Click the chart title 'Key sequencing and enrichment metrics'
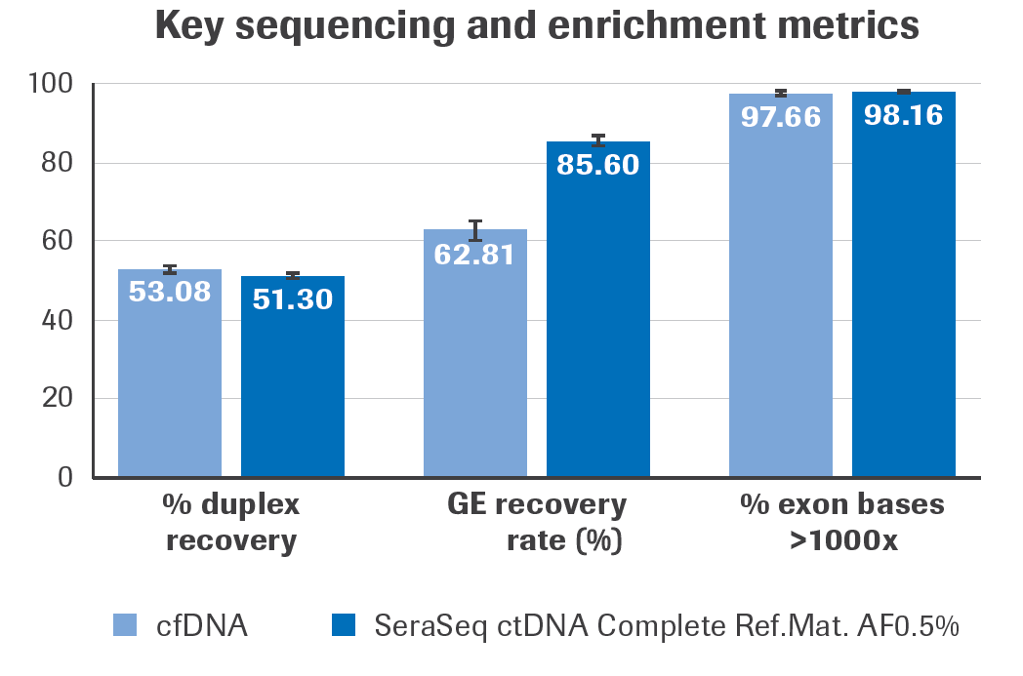click(537, 26)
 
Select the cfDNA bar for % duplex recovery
click(170, 380)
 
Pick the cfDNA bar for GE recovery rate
click(475, 361)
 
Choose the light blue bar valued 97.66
click(781, 293)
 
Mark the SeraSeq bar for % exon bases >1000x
click(904, 293)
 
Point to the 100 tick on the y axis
click(51, 85)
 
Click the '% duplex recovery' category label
click(231, 522)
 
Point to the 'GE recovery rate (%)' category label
click(537, 522)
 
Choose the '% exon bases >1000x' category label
click(842, 522)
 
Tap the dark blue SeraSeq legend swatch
click(345, 625)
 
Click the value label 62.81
click(474, 258)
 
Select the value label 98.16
click(903, 115)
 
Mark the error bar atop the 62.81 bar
click(475, 230)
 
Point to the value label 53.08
click(170, 291)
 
